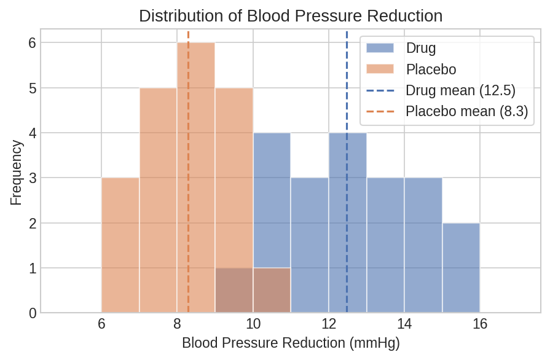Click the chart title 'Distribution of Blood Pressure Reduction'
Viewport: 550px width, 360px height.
pyautogui.click(x=291, y=15)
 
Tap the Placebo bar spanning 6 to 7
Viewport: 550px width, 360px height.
pyautogui.click(x=120, y=246)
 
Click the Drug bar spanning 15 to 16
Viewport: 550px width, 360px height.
pyautogui.click(x=461, y=268)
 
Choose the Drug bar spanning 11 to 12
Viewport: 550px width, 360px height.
pyautogui.click(x=310, y=246)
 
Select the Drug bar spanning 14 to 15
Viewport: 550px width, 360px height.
pyautogui.click(x=423, y=246)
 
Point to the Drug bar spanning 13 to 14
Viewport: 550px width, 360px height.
pyautogui.click(x=385, y=246)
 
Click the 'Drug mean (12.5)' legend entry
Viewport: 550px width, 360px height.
pyautogui.click(x=460, y=90)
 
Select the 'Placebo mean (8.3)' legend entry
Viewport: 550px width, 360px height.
pyautogui.click(x=466, y=111)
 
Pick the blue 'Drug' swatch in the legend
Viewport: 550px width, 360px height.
pyautogui.click(x=380, y=47)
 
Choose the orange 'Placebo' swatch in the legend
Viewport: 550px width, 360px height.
pyautogui.click(x=380, y=68)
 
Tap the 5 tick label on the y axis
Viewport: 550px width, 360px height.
pyautogui.click(x=33, y=88)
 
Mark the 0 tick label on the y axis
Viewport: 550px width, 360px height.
pyautogui.click(x=33, y=313)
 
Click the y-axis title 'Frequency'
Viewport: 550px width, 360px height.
pyautogui.click(x=17, y=173)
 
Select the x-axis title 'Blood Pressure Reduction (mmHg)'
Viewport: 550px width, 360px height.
pyautogui.click(x=291, y=343)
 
